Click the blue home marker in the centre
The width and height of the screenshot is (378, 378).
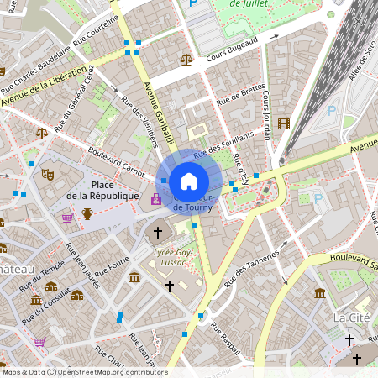189,181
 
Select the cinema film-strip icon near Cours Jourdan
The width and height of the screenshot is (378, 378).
283,124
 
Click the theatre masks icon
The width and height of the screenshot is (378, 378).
48,174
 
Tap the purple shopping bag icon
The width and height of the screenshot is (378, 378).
155,199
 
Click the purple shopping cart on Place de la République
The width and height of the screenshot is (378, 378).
66,218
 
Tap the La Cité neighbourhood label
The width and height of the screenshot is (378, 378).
350,318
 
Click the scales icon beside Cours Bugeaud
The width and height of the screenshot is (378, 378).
186,60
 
